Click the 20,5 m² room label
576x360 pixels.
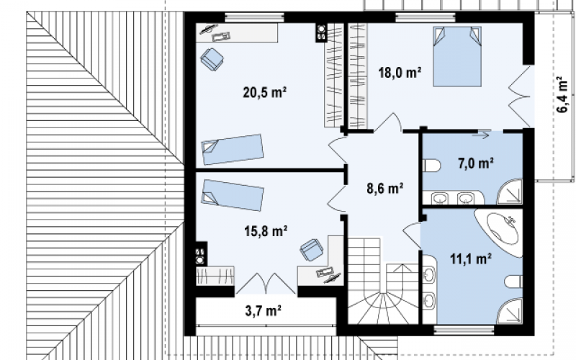point(264,92)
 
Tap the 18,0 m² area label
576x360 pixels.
point(400,73)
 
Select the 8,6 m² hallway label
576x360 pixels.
point(385,189)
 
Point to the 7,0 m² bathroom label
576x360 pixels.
point(475,163)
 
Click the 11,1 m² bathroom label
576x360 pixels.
point(471,259)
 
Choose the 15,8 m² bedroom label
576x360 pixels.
point(266,230)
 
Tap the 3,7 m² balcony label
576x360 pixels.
point(263,311)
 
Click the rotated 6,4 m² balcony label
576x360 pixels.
point(562,94)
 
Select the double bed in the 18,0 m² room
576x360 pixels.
point(457,56)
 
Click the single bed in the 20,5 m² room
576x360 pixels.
point(232,149)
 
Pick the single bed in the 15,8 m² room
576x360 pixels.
point(232,195)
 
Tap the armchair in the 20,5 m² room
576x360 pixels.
point(212,59)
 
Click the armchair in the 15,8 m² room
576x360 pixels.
point(312,250)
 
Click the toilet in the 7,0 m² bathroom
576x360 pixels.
point(431,166)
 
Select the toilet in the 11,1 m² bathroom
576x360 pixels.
point(513,282)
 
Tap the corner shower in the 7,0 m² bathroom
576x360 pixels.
point(510,192)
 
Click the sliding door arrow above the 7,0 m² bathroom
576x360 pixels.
point(481,135)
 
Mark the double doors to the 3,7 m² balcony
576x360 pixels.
point(266,284)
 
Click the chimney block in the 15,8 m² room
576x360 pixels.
point(201,253)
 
